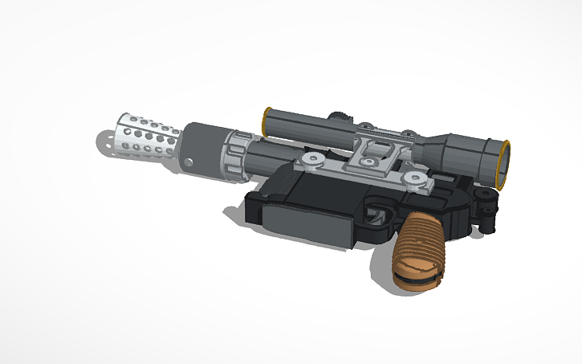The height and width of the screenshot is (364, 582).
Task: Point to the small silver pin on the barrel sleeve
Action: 189,163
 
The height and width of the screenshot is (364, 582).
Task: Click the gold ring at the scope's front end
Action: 266,121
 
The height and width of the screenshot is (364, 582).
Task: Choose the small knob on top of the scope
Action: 364,126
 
